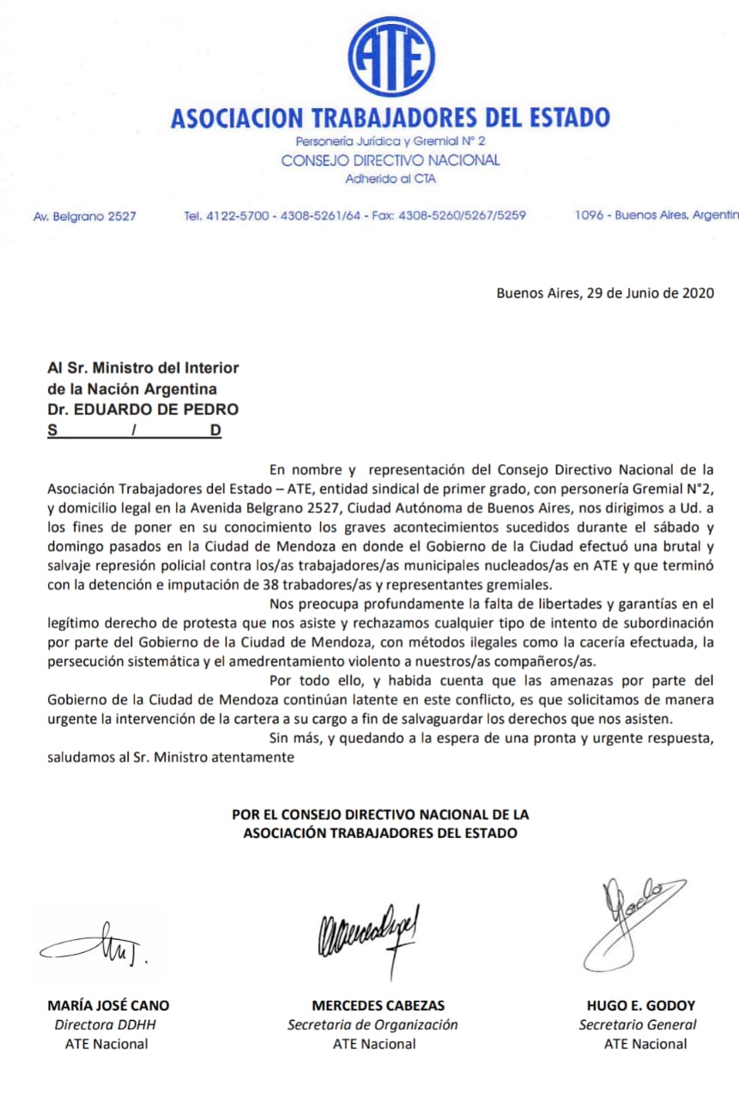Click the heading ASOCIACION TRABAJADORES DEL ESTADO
point(390,118)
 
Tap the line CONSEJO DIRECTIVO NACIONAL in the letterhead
point(391,160)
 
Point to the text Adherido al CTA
point(391,179)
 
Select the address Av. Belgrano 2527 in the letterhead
point(84,217)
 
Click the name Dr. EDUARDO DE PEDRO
point(143,409)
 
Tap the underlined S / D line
point(134,431)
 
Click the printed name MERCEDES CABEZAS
point(378,1005)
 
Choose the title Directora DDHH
point(106,1024)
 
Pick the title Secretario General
point(638,1024)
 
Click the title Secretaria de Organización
point(373,1024)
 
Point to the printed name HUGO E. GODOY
point(641,1005)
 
